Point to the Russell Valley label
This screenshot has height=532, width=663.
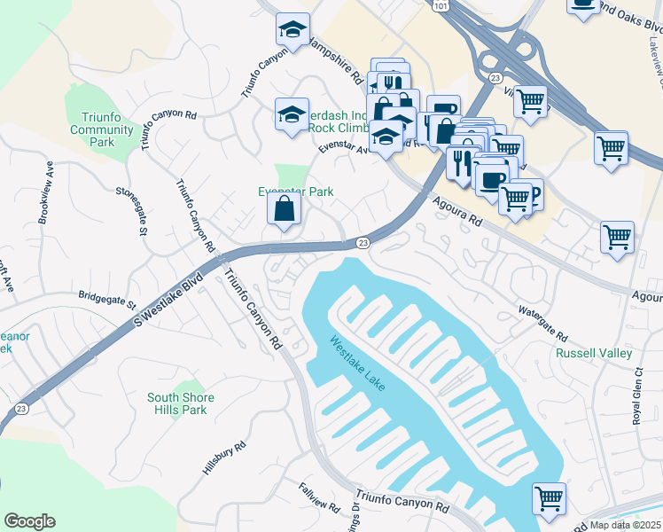pos(594,353)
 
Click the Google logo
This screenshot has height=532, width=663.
pos(29,521)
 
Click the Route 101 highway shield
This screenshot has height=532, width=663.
pos(441,5)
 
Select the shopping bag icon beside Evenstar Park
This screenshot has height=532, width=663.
pos(285,209)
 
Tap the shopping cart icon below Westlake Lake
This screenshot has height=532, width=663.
pos(549,497)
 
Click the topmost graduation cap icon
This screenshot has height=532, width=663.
pos(292,30)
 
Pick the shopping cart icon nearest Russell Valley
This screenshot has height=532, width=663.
pos(617,237)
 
